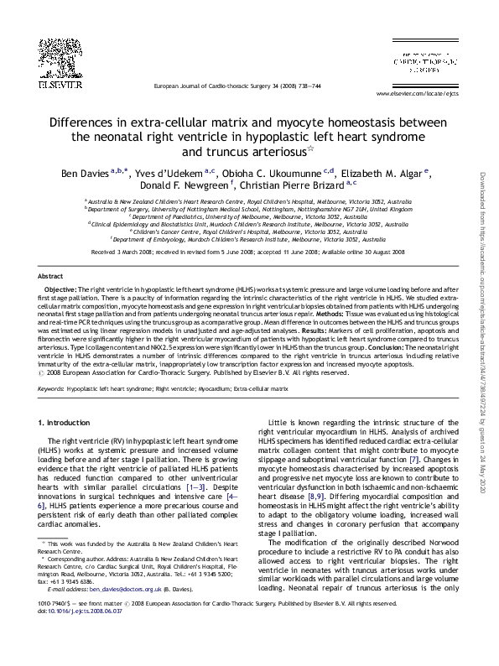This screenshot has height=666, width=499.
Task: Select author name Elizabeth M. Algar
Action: click(387, 172)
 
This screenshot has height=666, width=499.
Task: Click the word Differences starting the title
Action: click(82, 122)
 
